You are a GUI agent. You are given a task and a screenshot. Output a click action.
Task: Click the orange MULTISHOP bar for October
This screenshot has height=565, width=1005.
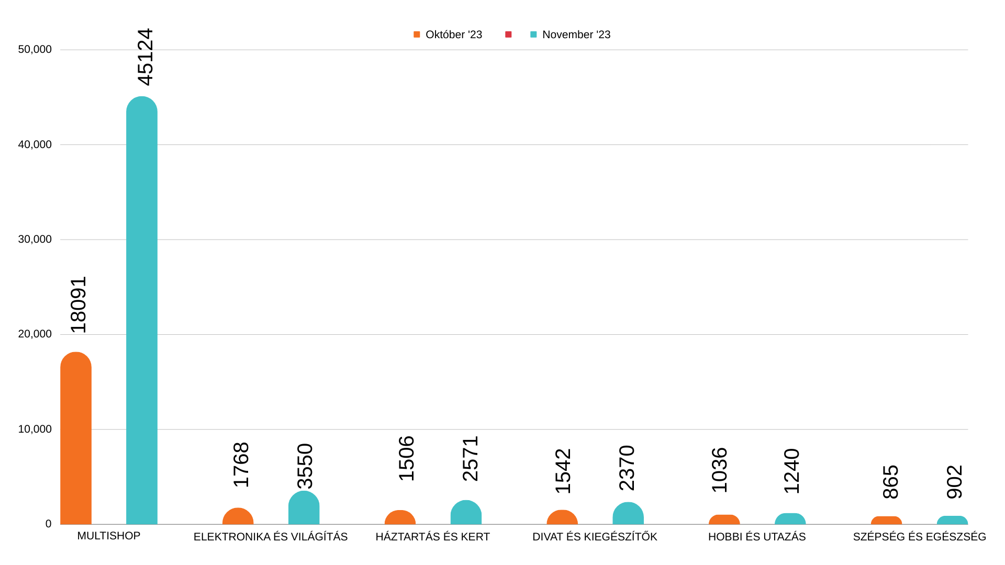click(x=76, y=439)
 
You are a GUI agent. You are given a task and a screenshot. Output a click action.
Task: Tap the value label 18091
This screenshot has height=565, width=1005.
click(x=79, y=304)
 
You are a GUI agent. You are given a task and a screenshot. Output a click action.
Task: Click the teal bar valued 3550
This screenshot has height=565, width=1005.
click(x=304, y=508)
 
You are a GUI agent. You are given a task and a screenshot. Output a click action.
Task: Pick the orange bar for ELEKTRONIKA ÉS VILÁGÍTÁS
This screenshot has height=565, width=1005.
click(x=238, y=517)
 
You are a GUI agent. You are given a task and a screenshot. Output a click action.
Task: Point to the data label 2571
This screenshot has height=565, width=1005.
click(x=471, y=458)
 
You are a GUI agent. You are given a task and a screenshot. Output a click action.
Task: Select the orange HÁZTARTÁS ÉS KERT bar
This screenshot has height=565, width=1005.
click(x=400, y=518)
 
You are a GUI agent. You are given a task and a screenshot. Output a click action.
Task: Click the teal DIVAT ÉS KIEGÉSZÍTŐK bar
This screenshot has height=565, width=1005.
click(x=628, y=514)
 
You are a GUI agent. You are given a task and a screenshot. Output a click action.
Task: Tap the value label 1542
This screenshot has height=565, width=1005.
click(x=563, y=471)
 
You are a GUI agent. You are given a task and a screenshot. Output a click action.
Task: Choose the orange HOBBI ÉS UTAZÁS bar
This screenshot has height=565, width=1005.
click(x=724, y=520)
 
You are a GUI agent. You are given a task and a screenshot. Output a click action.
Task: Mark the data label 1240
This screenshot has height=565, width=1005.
click(x=792, y=471)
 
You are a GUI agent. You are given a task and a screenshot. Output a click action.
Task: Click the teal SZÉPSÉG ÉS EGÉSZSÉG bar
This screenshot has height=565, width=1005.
click(x=952, y=521)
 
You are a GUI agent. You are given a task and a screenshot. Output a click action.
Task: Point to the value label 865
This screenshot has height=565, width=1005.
click(x=891, y=482)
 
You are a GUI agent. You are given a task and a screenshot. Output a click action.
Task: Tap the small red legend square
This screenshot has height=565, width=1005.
click(x=508, y=35)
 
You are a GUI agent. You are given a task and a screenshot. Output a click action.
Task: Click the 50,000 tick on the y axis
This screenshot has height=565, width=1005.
click(x=35, y=50)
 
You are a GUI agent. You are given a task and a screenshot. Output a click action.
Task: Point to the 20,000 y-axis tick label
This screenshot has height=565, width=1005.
click(x=35, y=334)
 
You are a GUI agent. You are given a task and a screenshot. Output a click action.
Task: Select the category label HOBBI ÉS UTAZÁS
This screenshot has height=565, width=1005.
click(x=757, y=537)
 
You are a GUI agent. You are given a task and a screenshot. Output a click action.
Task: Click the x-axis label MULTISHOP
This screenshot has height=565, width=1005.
click(x=109, y=536)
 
